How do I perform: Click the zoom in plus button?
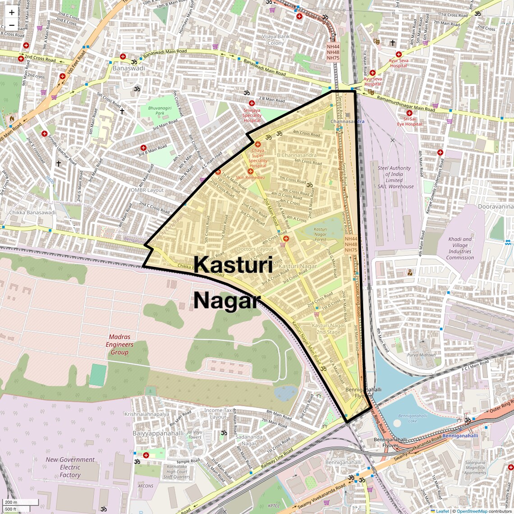click(x=12, y=12)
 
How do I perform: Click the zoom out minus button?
click(x=12, y=25)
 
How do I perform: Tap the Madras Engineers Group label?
click(x=119, y=344)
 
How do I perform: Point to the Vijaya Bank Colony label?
click(x=275, y=40)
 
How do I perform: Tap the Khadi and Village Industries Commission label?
click(x=460, y=248)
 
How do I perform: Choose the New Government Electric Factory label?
click(x=70, y=467)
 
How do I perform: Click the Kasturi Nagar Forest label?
click(x=321, y=234)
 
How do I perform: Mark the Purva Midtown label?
click(x=422, y=355)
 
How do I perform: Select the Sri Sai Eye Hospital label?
click(x=409, y=121)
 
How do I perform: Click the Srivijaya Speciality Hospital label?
click(x=252, y=115)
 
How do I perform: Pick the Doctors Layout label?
click(x=255, y=249)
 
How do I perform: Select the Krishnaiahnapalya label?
click(x=147, y=414)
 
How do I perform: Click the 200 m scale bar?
click(x=20, y=502)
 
